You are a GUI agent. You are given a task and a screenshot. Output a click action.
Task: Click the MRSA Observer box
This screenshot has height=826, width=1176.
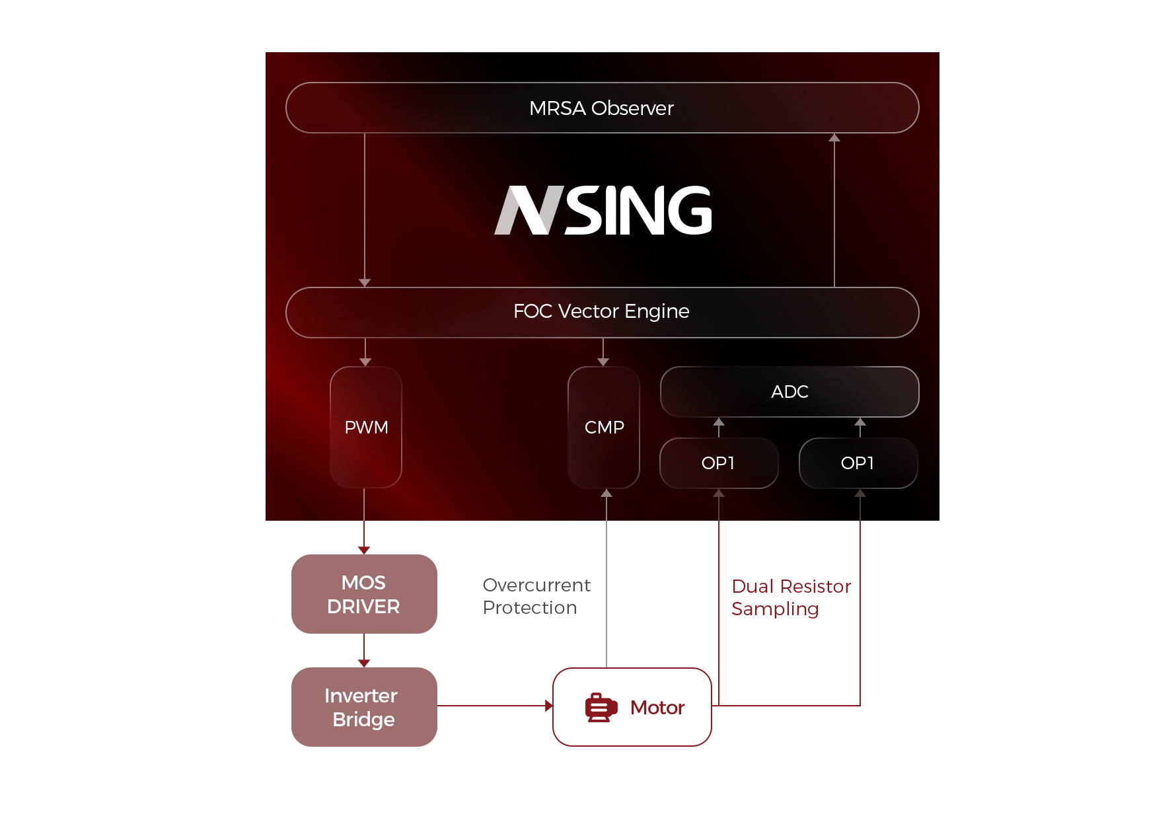click(x=602, y=108)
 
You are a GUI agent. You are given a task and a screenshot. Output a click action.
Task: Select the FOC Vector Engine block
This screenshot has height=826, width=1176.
click(x=602, y=312)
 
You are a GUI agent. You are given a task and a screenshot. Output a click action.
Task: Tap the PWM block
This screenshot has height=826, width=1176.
click(x=366, y=427)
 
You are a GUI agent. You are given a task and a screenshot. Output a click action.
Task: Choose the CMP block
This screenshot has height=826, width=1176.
click(x=604, y=427)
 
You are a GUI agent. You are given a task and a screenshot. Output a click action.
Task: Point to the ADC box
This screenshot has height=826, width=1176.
click(x=790, y=392)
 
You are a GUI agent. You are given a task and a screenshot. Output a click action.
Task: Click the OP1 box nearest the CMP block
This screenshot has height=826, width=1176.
click(x=719, y=463)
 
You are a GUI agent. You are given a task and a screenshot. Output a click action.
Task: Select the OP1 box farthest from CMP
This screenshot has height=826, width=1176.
click(x=858, y=463)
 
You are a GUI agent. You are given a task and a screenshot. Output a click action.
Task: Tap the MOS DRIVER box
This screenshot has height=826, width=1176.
click(x=364, y=593)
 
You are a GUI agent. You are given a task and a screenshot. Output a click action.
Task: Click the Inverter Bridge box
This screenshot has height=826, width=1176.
click(x=364, y=706)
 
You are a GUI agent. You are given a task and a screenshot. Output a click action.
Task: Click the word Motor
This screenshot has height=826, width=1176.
click(x=657, y=708)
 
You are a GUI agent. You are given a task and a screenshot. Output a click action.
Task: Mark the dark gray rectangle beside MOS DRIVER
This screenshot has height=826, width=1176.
click(x=536, y=596)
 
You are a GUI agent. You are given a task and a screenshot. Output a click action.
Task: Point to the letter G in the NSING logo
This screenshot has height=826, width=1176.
click(x=688, y=210)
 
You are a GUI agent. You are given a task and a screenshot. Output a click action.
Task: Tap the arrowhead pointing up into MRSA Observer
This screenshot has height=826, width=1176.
click(x=834, y=137)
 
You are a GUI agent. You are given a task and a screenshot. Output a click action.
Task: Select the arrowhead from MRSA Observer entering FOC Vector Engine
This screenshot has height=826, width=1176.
click(x=365, y=282)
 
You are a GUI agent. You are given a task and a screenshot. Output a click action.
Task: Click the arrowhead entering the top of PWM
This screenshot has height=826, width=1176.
click(x=365, y=361)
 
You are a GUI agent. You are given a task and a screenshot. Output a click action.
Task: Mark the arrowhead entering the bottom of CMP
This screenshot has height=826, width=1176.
click(x=606, y=494)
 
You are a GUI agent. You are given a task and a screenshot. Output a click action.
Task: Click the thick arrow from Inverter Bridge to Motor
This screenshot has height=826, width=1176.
click(x=497, y=706)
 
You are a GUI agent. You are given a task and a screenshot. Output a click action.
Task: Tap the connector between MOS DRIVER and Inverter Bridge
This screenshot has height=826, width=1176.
click(x=364, y=650)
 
